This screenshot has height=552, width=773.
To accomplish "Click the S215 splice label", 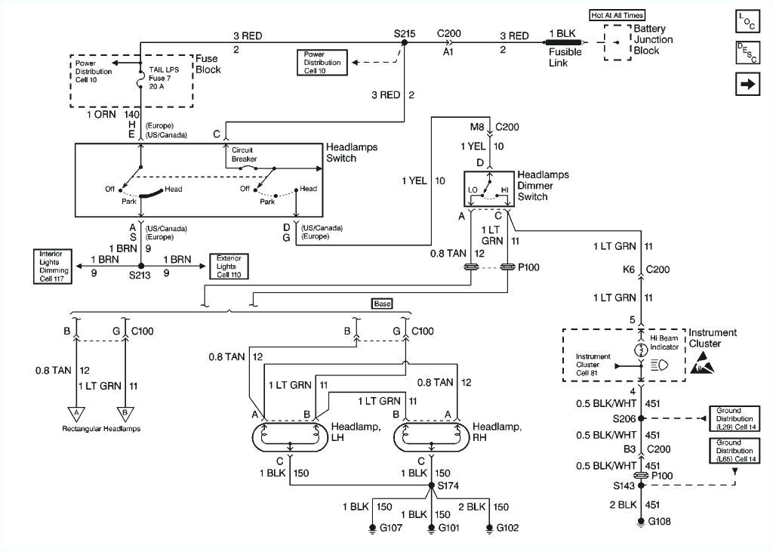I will tap(405, 34).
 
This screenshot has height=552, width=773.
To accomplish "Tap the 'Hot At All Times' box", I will tap(621, 14).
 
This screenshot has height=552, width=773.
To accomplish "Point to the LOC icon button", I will tap(747, 20).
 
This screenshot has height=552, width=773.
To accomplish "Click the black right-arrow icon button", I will tap(747, 84).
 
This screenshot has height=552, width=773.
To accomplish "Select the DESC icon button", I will tap(747, 52).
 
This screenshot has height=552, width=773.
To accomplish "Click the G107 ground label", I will tap(391, 528).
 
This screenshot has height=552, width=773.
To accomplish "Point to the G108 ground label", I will tap(661, 521).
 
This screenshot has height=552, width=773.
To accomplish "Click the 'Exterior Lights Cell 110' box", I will tap(229, 264).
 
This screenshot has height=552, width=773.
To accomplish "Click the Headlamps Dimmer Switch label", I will tap(543, 186).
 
